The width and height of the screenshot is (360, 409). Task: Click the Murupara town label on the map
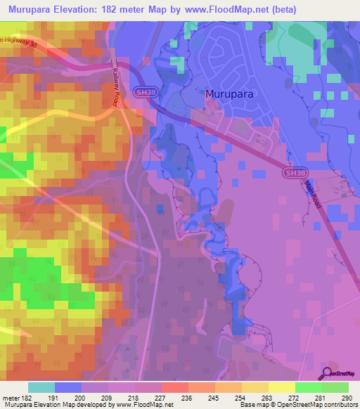(229, 93)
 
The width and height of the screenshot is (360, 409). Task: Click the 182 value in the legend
(21, 397)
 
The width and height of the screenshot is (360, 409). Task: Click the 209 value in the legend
(108, 397)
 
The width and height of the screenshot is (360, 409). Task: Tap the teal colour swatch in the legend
(41, 387)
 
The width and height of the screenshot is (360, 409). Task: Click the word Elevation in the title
(84, 9)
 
